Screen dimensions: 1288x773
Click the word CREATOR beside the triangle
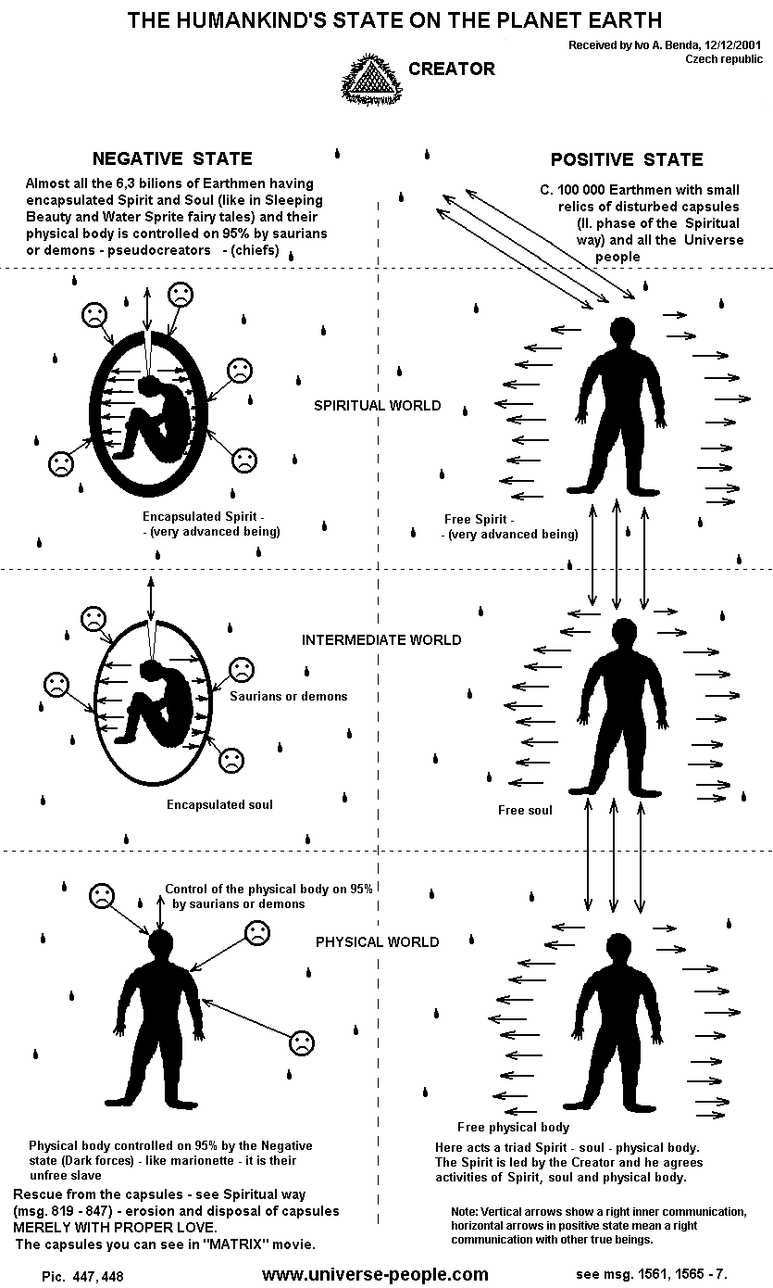[x=452, y=69]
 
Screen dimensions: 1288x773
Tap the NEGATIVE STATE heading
[x=172, y=158]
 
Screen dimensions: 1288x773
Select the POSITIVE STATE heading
[x=627, y=159]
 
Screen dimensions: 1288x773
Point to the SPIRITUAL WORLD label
[x=364, y=406]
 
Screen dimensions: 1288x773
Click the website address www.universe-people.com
[x=375, y=1274]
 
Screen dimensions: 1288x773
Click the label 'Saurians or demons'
[x=289, y=696]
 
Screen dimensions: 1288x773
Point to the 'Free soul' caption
[x=525, y=810]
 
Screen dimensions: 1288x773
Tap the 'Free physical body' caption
[x=513, y=1127]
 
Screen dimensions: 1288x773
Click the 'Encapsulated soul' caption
[x=219, y=804]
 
